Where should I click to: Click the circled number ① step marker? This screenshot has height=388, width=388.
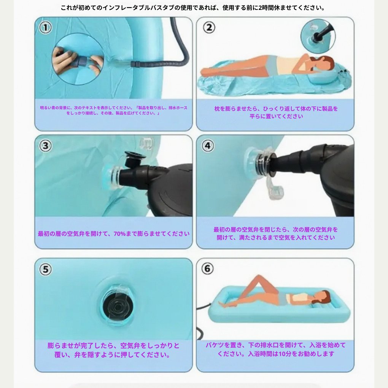[x=46, y=27]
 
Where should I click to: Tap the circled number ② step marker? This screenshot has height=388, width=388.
[x=209, y=27]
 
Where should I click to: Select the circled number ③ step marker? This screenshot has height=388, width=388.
[x=46, y=146]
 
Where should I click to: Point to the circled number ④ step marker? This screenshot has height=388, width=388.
[x=208, y=146]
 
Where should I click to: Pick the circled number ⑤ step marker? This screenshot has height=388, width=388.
[x=46, y=269]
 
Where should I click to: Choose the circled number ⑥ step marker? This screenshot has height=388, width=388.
[x=208, y=269]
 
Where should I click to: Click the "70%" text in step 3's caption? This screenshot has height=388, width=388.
[x=120, y=234]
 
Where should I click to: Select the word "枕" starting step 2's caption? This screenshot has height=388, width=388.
[x=217, y=109]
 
